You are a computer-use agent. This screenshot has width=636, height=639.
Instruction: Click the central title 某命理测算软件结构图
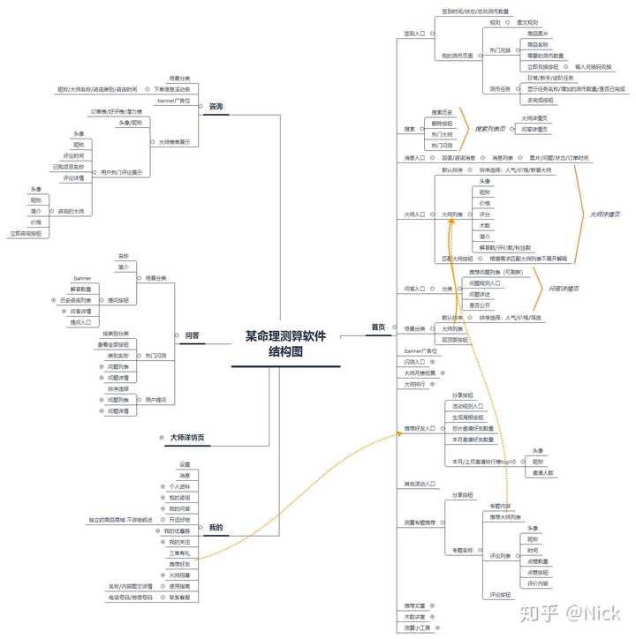point(285,343)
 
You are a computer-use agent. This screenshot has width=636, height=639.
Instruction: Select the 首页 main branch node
point(378,327)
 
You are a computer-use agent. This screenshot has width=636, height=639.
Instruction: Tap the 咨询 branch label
point(216,107)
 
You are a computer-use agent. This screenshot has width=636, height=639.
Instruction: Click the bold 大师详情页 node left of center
point(188,437)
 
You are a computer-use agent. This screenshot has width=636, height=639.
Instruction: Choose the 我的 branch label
point(216,528)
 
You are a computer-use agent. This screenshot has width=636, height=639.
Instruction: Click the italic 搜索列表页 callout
point(490,128)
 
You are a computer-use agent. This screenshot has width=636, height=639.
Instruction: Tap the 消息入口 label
point(414,158)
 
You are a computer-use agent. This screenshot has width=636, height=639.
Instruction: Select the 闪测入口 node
point(414,362)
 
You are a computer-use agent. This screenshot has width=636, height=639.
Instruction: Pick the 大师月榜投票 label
point(419,372)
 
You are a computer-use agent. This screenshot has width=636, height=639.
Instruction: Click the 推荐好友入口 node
point(420,428)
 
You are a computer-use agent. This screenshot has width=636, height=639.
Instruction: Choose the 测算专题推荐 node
point(420,522)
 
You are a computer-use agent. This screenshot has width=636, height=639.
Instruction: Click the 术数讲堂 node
point(414,616)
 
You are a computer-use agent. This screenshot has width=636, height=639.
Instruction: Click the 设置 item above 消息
point(185,464)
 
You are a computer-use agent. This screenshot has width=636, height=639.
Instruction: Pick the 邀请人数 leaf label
point(543,472)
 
